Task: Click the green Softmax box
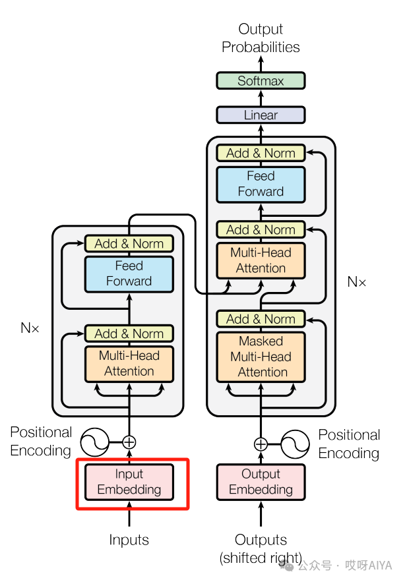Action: [x=261, y=81]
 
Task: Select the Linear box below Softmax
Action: [x=261, y=115]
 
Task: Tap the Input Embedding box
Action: [x=129, y=482]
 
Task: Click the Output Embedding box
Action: [x=261, y=482]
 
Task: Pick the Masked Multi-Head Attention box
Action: [x=261, y=357]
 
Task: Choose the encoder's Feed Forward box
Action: [x=129, y=274]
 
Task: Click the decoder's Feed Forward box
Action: [x=261, y=185]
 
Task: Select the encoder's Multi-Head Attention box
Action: [x=129, y=363]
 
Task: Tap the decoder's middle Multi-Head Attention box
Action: [x=261, y=260]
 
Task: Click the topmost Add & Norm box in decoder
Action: [x=261, y=153]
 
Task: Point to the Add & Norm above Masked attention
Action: [x=261, y=319]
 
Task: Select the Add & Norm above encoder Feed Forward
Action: [x=129, y=244]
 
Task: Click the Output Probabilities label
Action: [x=261, y=38]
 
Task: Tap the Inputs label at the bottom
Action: [x=129, y=540]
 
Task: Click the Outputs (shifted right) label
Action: [x=261, y=548]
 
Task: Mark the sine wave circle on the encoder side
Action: [x=94, y=442]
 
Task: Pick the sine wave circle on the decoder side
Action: [x=296, y=444]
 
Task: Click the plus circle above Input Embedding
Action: [x=129, y=442]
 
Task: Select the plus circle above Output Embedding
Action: [x=261, y=444]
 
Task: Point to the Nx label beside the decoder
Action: [x=356, y=282]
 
